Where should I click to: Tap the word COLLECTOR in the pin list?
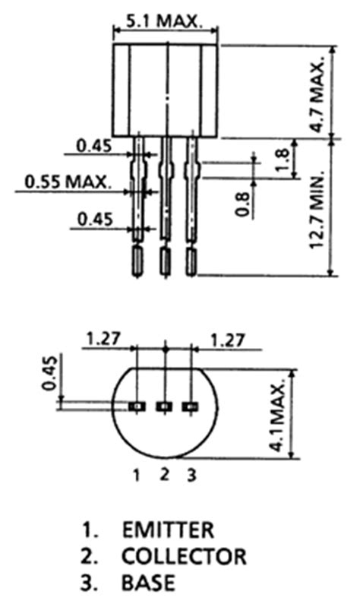(x=184, y=556)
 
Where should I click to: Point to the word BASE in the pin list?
(x=147, y=583)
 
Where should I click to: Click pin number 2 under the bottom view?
(x=163, y=475)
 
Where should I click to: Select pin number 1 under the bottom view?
(x=136, y=476)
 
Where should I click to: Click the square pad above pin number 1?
(x=137, y=407)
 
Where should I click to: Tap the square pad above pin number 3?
(x=189, y=407)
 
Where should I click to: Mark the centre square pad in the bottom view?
(x=163, y=407)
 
